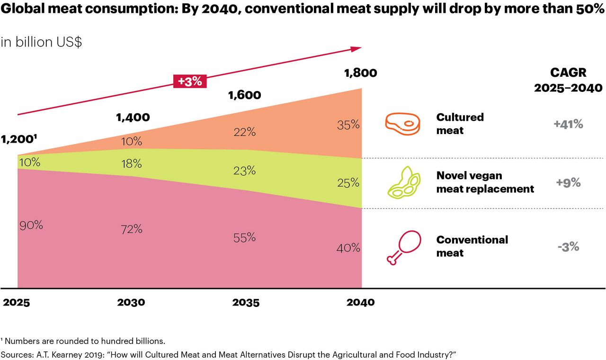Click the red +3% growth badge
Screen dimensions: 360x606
click(190, 81)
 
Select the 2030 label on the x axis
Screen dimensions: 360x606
click(131, 302)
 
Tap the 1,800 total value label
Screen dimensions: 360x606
click(360, 73)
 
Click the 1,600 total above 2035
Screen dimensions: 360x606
click(244, 95)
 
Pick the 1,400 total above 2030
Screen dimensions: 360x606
click(133, 117)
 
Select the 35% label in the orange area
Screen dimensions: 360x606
click(348, 126)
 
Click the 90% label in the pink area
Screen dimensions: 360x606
click(31, 225)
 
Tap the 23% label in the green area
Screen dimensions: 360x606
click(244, 171)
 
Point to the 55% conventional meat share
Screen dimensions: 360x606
click(244, 238)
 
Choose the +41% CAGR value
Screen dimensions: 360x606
click(568, 125)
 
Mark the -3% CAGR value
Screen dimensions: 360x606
click(568, 247)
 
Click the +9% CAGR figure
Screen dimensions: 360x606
click(568, 183)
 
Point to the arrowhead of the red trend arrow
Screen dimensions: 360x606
click(357, 48)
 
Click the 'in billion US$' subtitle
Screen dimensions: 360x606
click(41, 42)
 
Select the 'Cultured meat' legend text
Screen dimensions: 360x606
click(460, 124)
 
